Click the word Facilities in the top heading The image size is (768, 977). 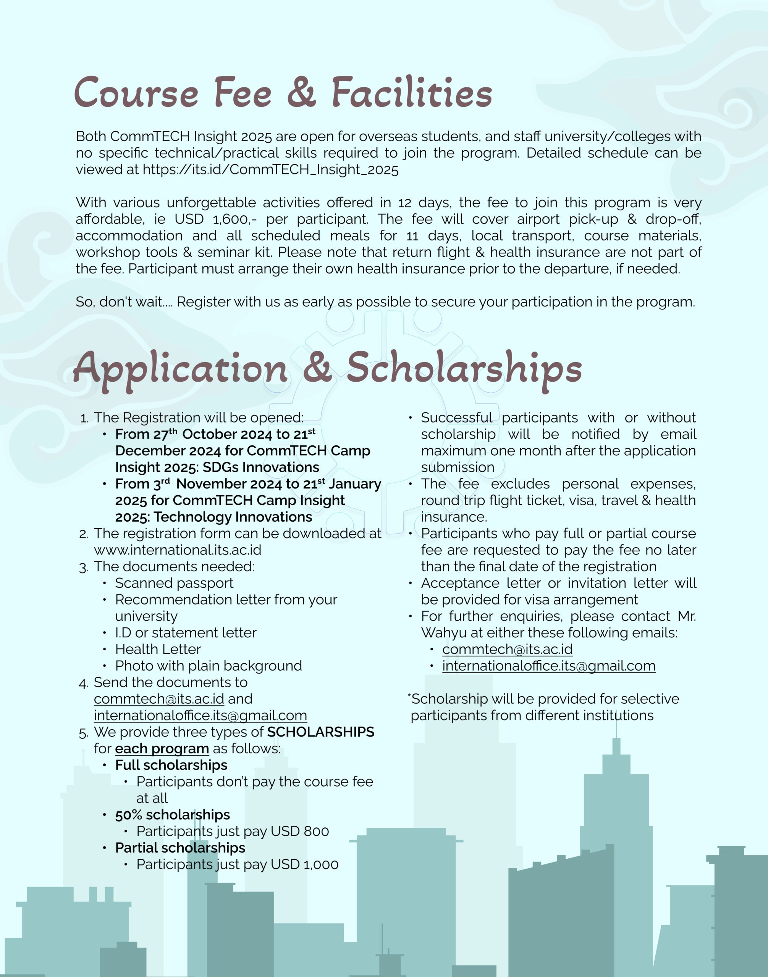[412, 93]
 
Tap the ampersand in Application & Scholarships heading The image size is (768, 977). [317, 368]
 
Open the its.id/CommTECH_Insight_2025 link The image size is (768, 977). [270, 170]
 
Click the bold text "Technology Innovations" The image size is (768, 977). [233, 517]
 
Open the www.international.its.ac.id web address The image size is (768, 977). [178, 550]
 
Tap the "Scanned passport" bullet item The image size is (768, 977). [174, 583]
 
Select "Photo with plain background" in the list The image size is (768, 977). [208, 666]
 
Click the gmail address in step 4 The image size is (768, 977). [200, 716]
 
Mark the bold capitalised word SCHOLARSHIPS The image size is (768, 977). [320, 732]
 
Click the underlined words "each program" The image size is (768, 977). [162, 749]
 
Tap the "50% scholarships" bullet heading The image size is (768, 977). [172, 815]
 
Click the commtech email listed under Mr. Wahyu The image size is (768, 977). [507, 650]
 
